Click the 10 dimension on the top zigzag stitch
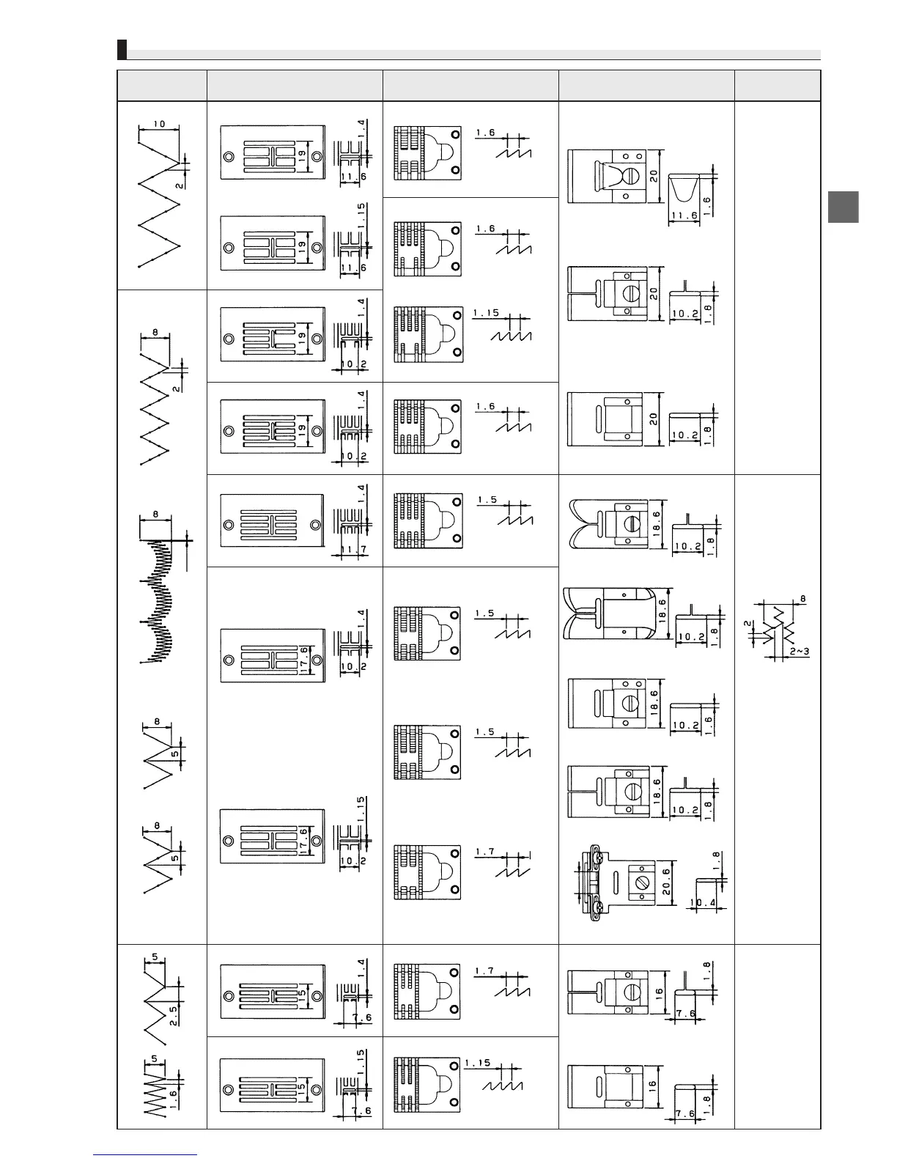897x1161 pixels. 160,123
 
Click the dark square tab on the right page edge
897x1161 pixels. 844,207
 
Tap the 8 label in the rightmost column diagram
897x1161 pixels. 803,599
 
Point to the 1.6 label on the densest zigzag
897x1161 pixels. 172,1096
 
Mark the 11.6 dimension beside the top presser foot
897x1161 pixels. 683,216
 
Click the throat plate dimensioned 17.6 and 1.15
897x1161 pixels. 272,836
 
